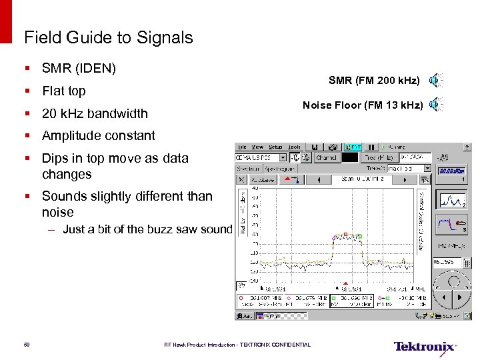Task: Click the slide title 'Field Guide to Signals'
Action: pyautogui.click(x=108, y=37)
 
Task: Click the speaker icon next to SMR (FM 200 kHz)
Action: pyautogui.click(x=435, y=81)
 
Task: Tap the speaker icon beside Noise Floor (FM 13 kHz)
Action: pyautogui.click(x=435, y=104)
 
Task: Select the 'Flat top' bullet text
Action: pyautogui.click(x=64, y=91)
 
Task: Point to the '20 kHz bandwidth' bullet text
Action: pyautogui.click(x=95, y=113)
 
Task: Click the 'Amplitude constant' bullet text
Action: pyautogui.click(x=98, y=135)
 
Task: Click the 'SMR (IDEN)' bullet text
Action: pyautogui.click(x=79, y=68)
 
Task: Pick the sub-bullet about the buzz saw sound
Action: pyautogui.click(x=147, y=229)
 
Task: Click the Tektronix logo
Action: pyautogui.click(x=425, y=347)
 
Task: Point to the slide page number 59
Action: pyautogui.click(x=27, y=345)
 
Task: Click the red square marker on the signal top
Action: pyautogui.click(x=345, y=234)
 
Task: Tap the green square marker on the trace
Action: pyautogui.click(x=359, y=235)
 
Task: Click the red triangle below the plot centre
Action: pyautogui.click(x=345, y=283)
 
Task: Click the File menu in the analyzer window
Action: pyautogui.click(x=242, y=147)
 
